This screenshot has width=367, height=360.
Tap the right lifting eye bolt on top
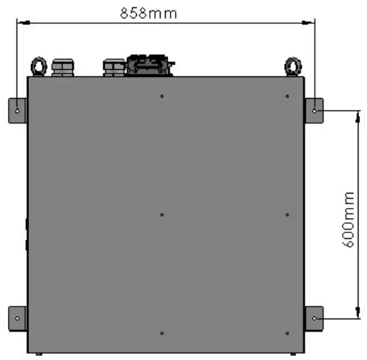point(291,66)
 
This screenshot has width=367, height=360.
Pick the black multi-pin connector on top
point(150,64)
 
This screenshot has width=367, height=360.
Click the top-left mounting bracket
point(17,110)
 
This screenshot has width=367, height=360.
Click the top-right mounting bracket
point(314,110)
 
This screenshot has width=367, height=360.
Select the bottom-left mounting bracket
point(17,318)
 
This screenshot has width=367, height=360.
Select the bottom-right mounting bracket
point(314,318)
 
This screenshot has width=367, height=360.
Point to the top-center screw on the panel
point(162,97)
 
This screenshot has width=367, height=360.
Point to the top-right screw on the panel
point(287,97)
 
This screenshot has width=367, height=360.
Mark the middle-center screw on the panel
point(162,215)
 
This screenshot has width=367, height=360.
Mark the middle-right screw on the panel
point(287,215)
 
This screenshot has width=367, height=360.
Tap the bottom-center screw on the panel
point(162,333)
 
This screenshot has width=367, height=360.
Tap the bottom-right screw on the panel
point(287,333)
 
